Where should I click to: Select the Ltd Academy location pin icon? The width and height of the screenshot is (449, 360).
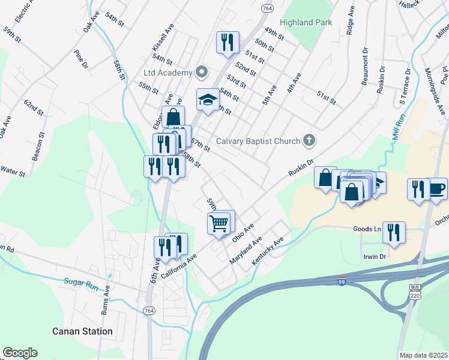pyautogui.click(x=202, y=73)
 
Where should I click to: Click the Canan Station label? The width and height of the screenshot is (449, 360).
pyautogui.click(x=82, y=331)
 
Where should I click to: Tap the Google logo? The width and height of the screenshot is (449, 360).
pyautogui.click(x=20, y=353)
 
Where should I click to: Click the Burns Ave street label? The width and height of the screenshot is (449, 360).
pyautogui.click(x=106, y=299)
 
